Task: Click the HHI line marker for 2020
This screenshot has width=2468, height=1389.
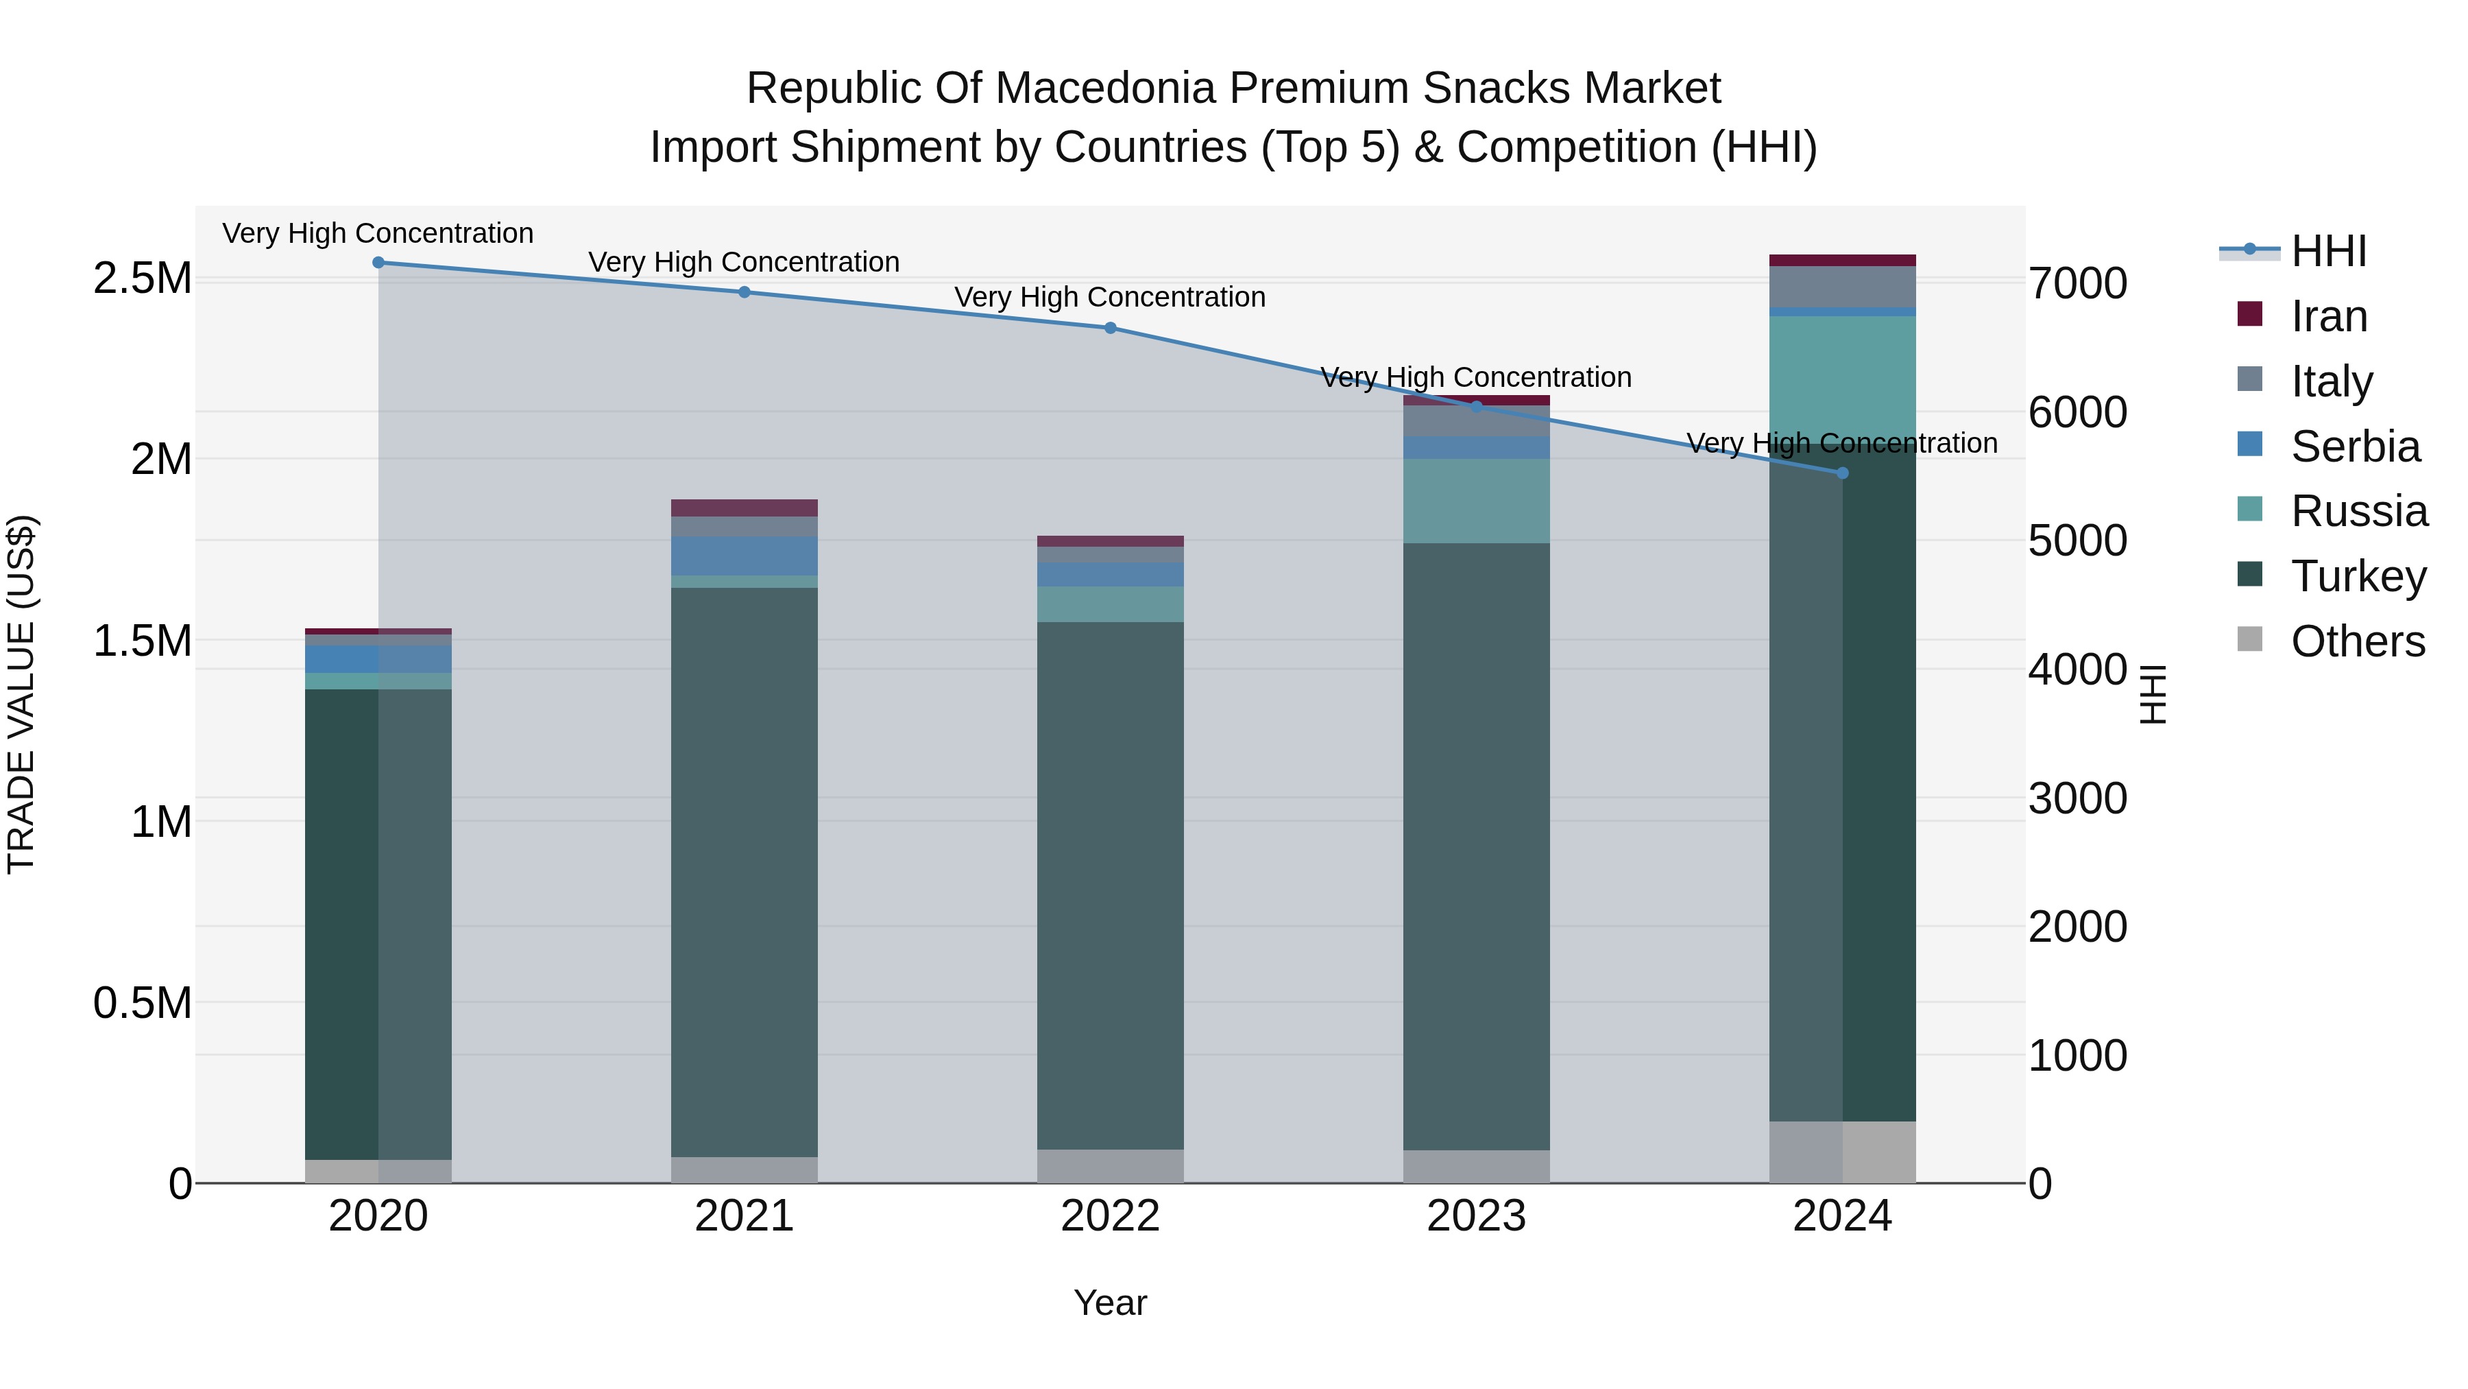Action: coord(378,262)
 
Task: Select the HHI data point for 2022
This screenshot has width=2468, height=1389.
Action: coord(1111,328)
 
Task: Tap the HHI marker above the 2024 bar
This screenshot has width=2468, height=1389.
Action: coord(1842,473)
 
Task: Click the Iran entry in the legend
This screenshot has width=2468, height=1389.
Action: coord(2328,316)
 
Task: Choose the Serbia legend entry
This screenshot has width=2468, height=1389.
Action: coord(2354,447)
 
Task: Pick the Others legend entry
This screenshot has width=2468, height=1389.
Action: coord(2357,641)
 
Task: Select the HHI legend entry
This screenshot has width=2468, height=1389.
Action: coord(2328,251)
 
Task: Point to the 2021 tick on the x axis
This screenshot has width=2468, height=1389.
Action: coord(745,1216)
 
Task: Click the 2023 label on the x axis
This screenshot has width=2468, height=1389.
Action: coord(1477,1216)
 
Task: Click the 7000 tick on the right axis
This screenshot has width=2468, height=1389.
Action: coord(2078,284)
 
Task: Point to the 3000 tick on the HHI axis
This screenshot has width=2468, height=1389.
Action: coord(2078,798)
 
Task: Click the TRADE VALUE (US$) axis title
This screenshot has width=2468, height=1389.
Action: coord(21,694)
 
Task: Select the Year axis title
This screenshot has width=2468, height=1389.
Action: coord(1111,1303)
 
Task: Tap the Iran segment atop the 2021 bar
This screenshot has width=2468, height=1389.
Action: coord(745,508)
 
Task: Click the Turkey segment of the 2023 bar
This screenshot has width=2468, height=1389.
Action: coord(1477,844)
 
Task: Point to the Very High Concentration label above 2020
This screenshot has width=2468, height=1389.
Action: coord(378,233)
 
